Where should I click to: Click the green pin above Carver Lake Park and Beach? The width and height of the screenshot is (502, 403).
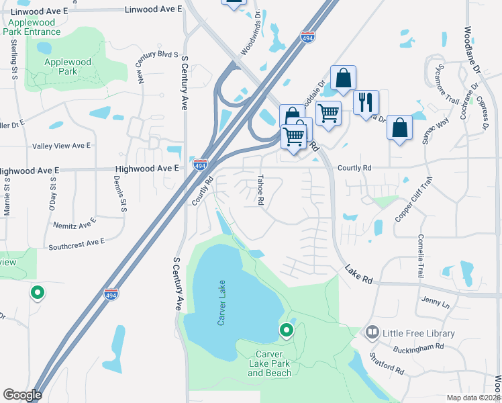(287, 330)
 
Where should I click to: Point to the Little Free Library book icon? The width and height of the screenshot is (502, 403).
(372, 332)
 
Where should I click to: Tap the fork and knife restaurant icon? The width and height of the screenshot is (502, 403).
(366, 101)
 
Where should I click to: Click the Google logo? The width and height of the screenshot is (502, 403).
(22, 395)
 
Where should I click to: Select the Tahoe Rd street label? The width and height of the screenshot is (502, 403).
(261, 190)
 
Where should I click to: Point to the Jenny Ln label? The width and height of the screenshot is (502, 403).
(436, 302)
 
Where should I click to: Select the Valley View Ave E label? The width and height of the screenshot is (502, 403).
(61, 146)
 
